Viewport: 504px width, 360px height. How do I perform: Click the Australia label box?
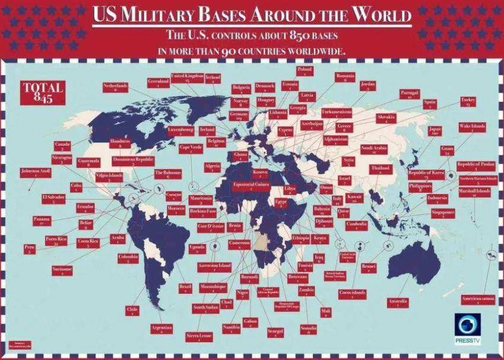[x=397, y=304]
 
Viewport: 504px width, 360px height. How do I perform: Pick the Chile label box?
[x=132, y=311]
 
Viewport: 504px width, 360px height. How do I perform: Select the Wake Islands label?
[x=473, y=129]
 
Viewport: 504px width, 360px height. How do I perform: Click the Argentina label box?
[x=162, y=329]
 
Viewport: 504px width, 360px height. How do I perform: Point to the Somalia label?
[x=308, y=330]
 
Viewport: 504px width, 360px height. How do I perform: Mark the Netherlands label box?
[x=116, y=88]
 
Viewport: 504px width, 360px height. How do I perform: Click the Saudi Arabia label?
[x=374, y=149]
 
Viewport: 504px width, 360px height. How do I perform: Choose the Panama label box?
[x=42, y=221]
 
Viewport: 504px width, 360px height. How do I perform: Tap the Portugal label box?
[x=410, y=95]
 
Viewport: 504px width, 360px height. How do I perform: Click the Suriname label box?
[x=62, y=270]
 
